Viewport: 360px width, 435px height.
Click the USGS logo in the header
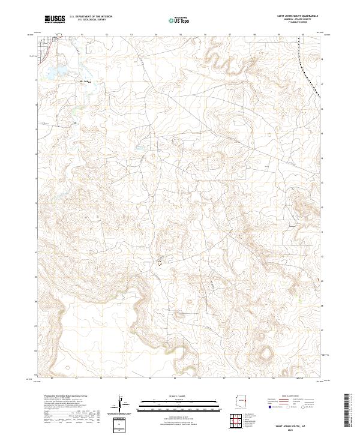pos(55,19)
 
